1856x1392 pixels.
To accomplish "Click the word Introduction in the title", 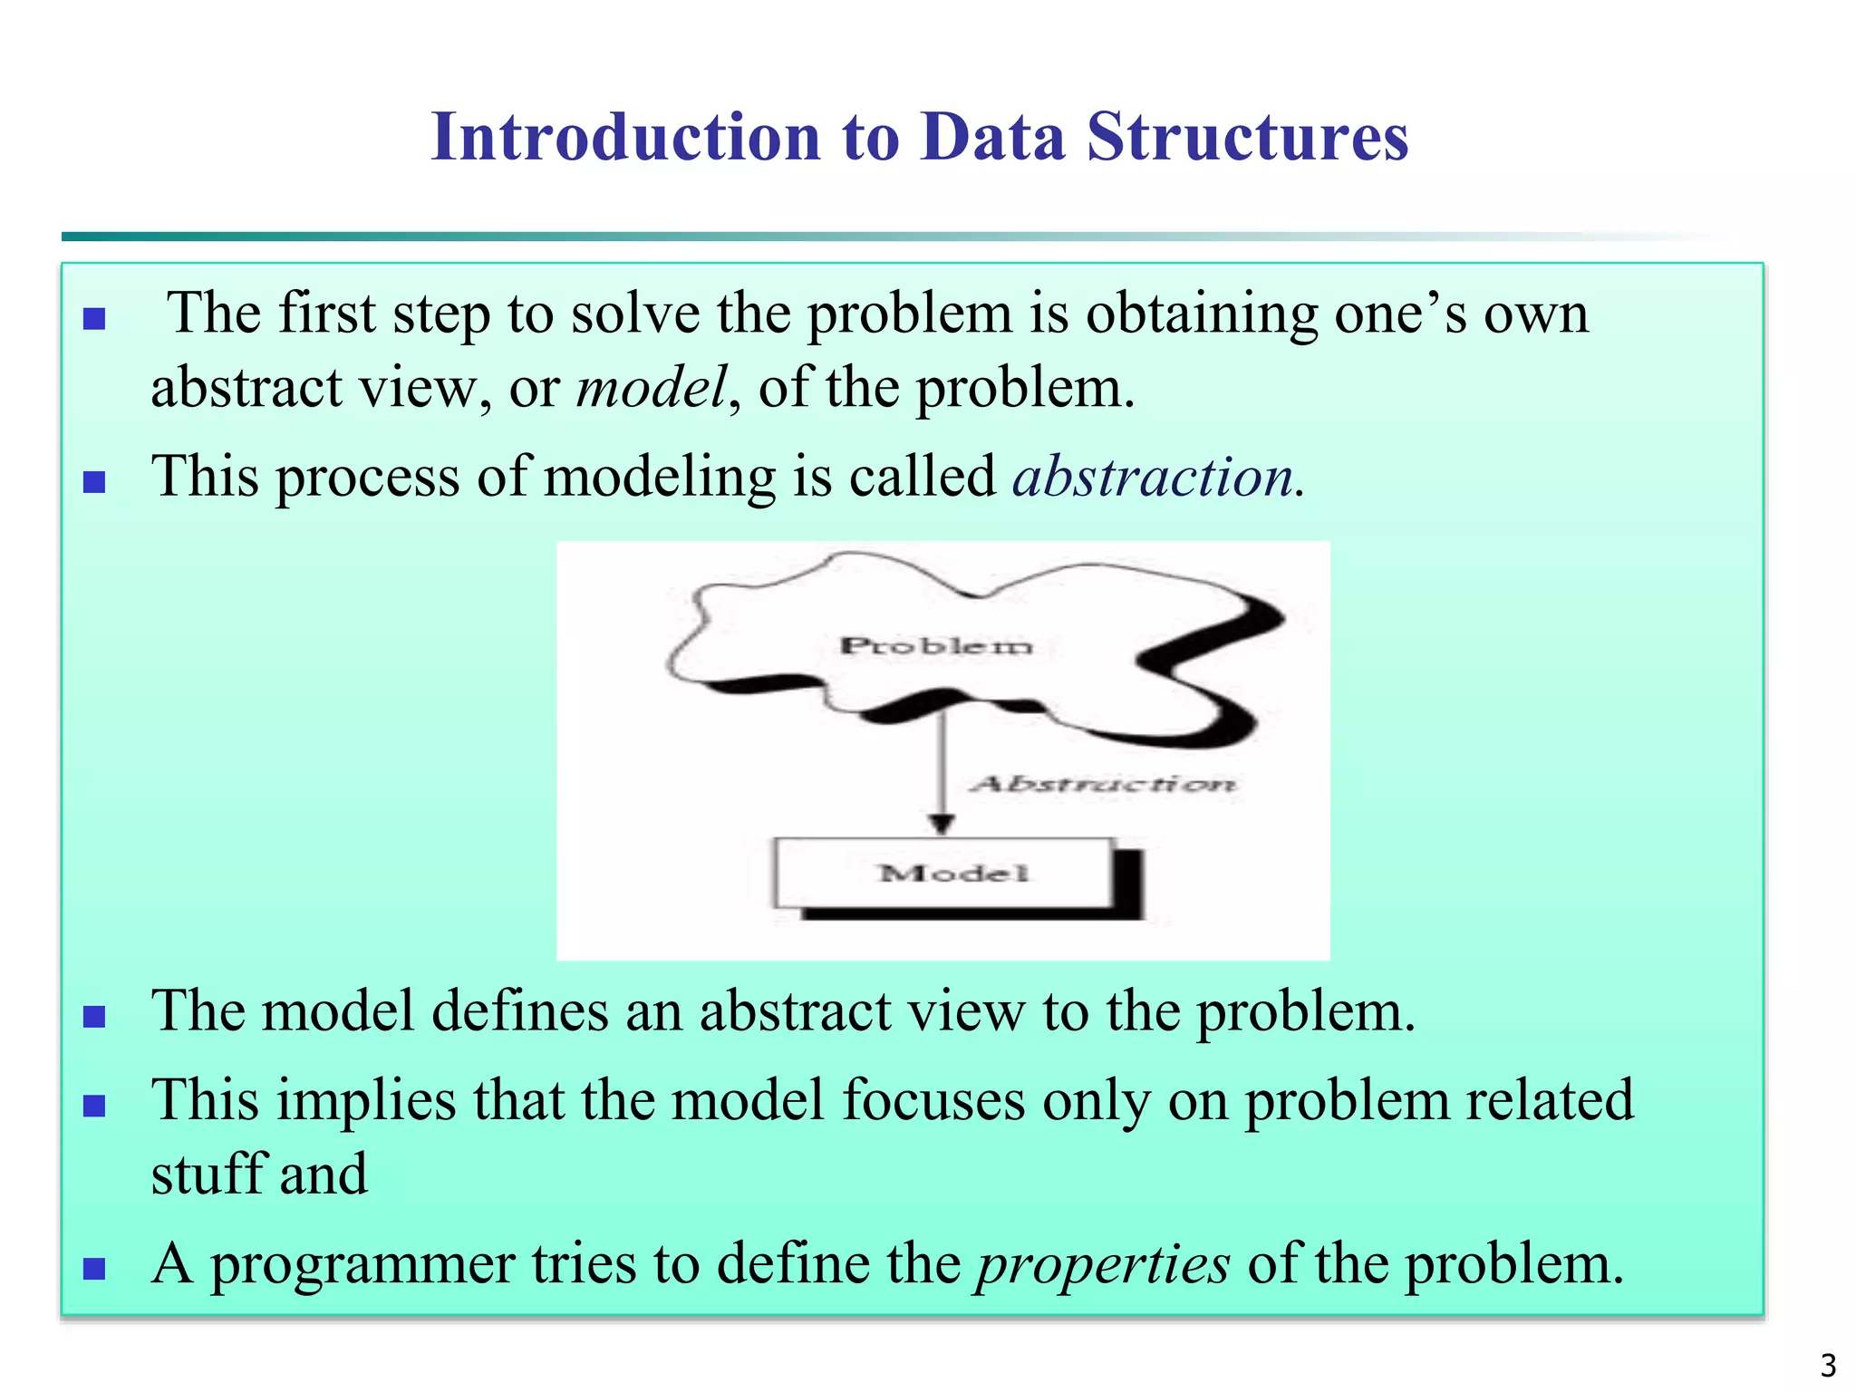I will pos(625,138).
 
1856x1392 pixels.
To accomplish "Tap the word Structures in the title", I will pos(1248,138).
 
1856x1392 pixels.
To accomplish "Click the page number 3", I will pos(1828,1365).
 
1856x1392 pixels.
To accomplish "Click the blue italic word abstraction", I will pos(1153,477).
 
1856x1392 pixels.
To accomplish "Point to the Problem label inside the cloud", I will pos(936,646).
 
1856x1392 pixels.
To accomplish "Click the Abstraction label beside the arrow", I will pos(1102,784).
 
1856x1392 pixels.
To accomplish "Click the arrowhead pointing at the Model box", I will pos(942,823).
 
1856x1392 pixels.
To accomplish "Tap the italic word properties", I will pos(1103,1265).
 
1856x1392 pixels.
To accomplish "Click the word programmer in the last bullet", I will pos(362,1265).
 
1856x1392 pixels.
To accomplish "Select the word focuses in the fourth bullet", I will pos(933,1100).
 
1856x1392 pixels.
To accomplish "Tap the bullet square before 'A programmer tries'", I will pos(94,1269).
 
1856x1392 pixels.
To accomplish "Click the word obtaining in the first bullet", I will pos(1202,314).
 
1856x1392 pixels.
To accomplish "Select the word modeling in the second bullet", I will pos(659,477).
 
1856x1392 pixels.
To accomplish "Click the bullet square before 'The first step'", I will pos(94,319).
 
